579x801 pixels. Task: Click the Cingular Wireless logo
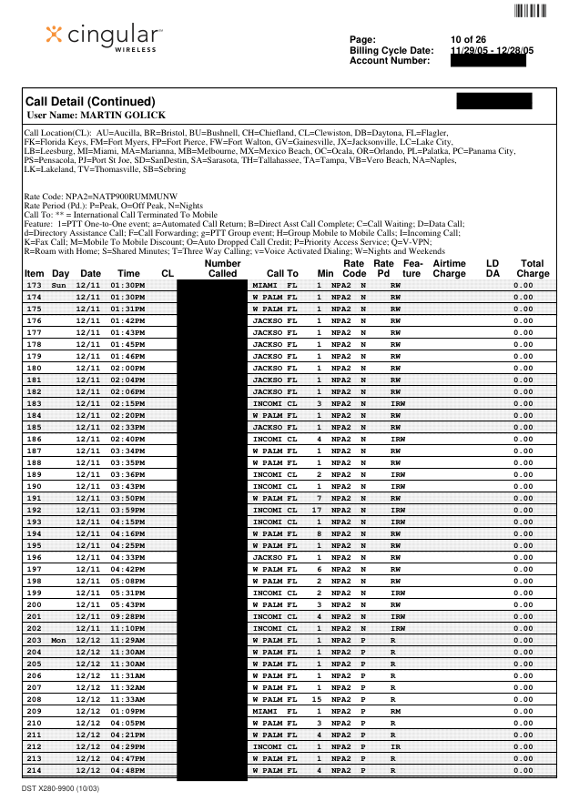pyautogui.click(x=105, y=38)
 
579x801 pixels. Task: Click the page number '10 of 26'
pyautogui.click(x=468, y=39)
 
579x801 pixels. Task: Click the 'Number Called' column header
pyautogui.click(x=222, y=268)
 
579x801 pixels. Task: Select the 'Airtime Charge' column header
pyautogui.click(x=449, y=268)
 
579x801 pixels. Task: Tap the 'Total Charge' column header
pyautogui.click(x=533, y=268)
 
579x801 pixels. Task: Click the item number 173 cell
pyautogui.click(x=35, y=285)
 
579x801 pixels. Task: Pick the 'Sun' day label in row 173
pyautogui.click(x=59, y=285)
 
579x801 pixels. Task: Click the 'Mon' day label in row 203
pyautogui.click(x=59, y=641)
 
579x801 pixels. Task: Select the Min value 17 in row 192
pyautogui.click(x=317, y=510)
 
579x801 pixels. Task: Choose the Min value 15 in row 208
pyautogui.click(x=317, y=700)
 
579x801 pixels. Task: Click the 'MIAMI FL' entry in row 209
pyautogui.click(x=274, y=712)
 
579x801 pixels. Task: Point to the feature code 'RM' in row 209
pyautogui.click(x=394, y=712)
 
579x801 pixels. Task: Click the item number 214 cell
pyautogui.click(x=35, y=771)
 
